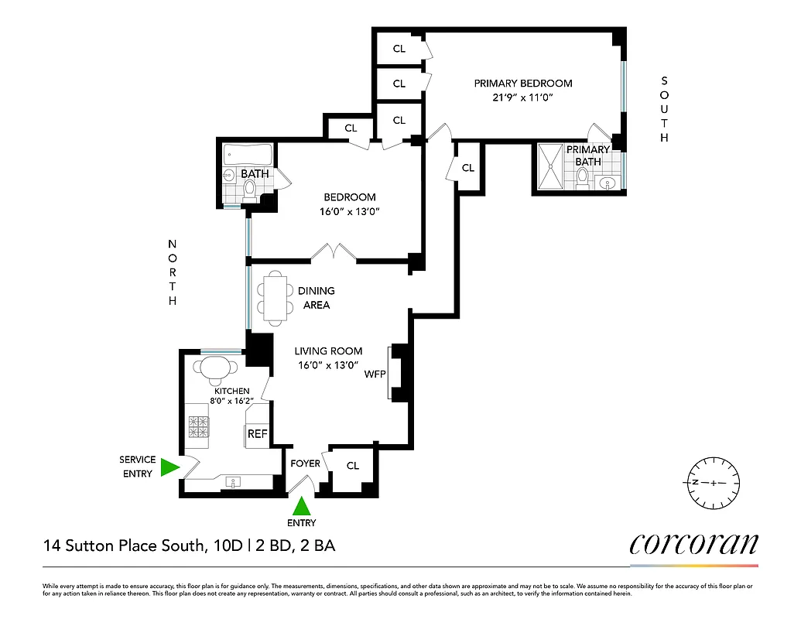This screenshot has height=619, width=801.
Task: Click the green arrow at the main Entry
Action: (x=302, y=506)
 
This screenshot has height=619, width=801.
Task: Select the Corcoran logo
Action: (x=693, y=544)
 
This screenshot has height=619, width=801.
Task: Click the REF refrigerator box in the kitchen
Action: (x=257, y=434)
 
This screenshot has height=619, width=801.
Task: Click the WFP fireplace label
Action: (x=375, y=374)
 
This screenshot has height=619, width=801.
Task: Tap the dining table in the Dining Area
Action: (x=275, y=299)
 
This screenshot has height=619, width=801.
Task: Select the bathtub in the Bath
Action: (x=248, y=154)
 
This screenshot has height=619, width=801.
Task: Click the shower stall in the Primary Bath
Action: (x=552, y=166)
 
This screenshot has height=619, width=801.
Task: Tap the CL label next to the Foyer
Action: (x=353, y=466)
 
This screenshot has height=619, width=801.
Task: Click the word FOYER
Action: (x=305, y=463)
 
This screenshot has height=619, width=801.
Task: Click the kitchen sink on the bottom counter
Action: (x=233, y=482)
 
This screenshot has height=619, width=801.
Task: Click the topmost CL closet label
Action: (x=399, y=49)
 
